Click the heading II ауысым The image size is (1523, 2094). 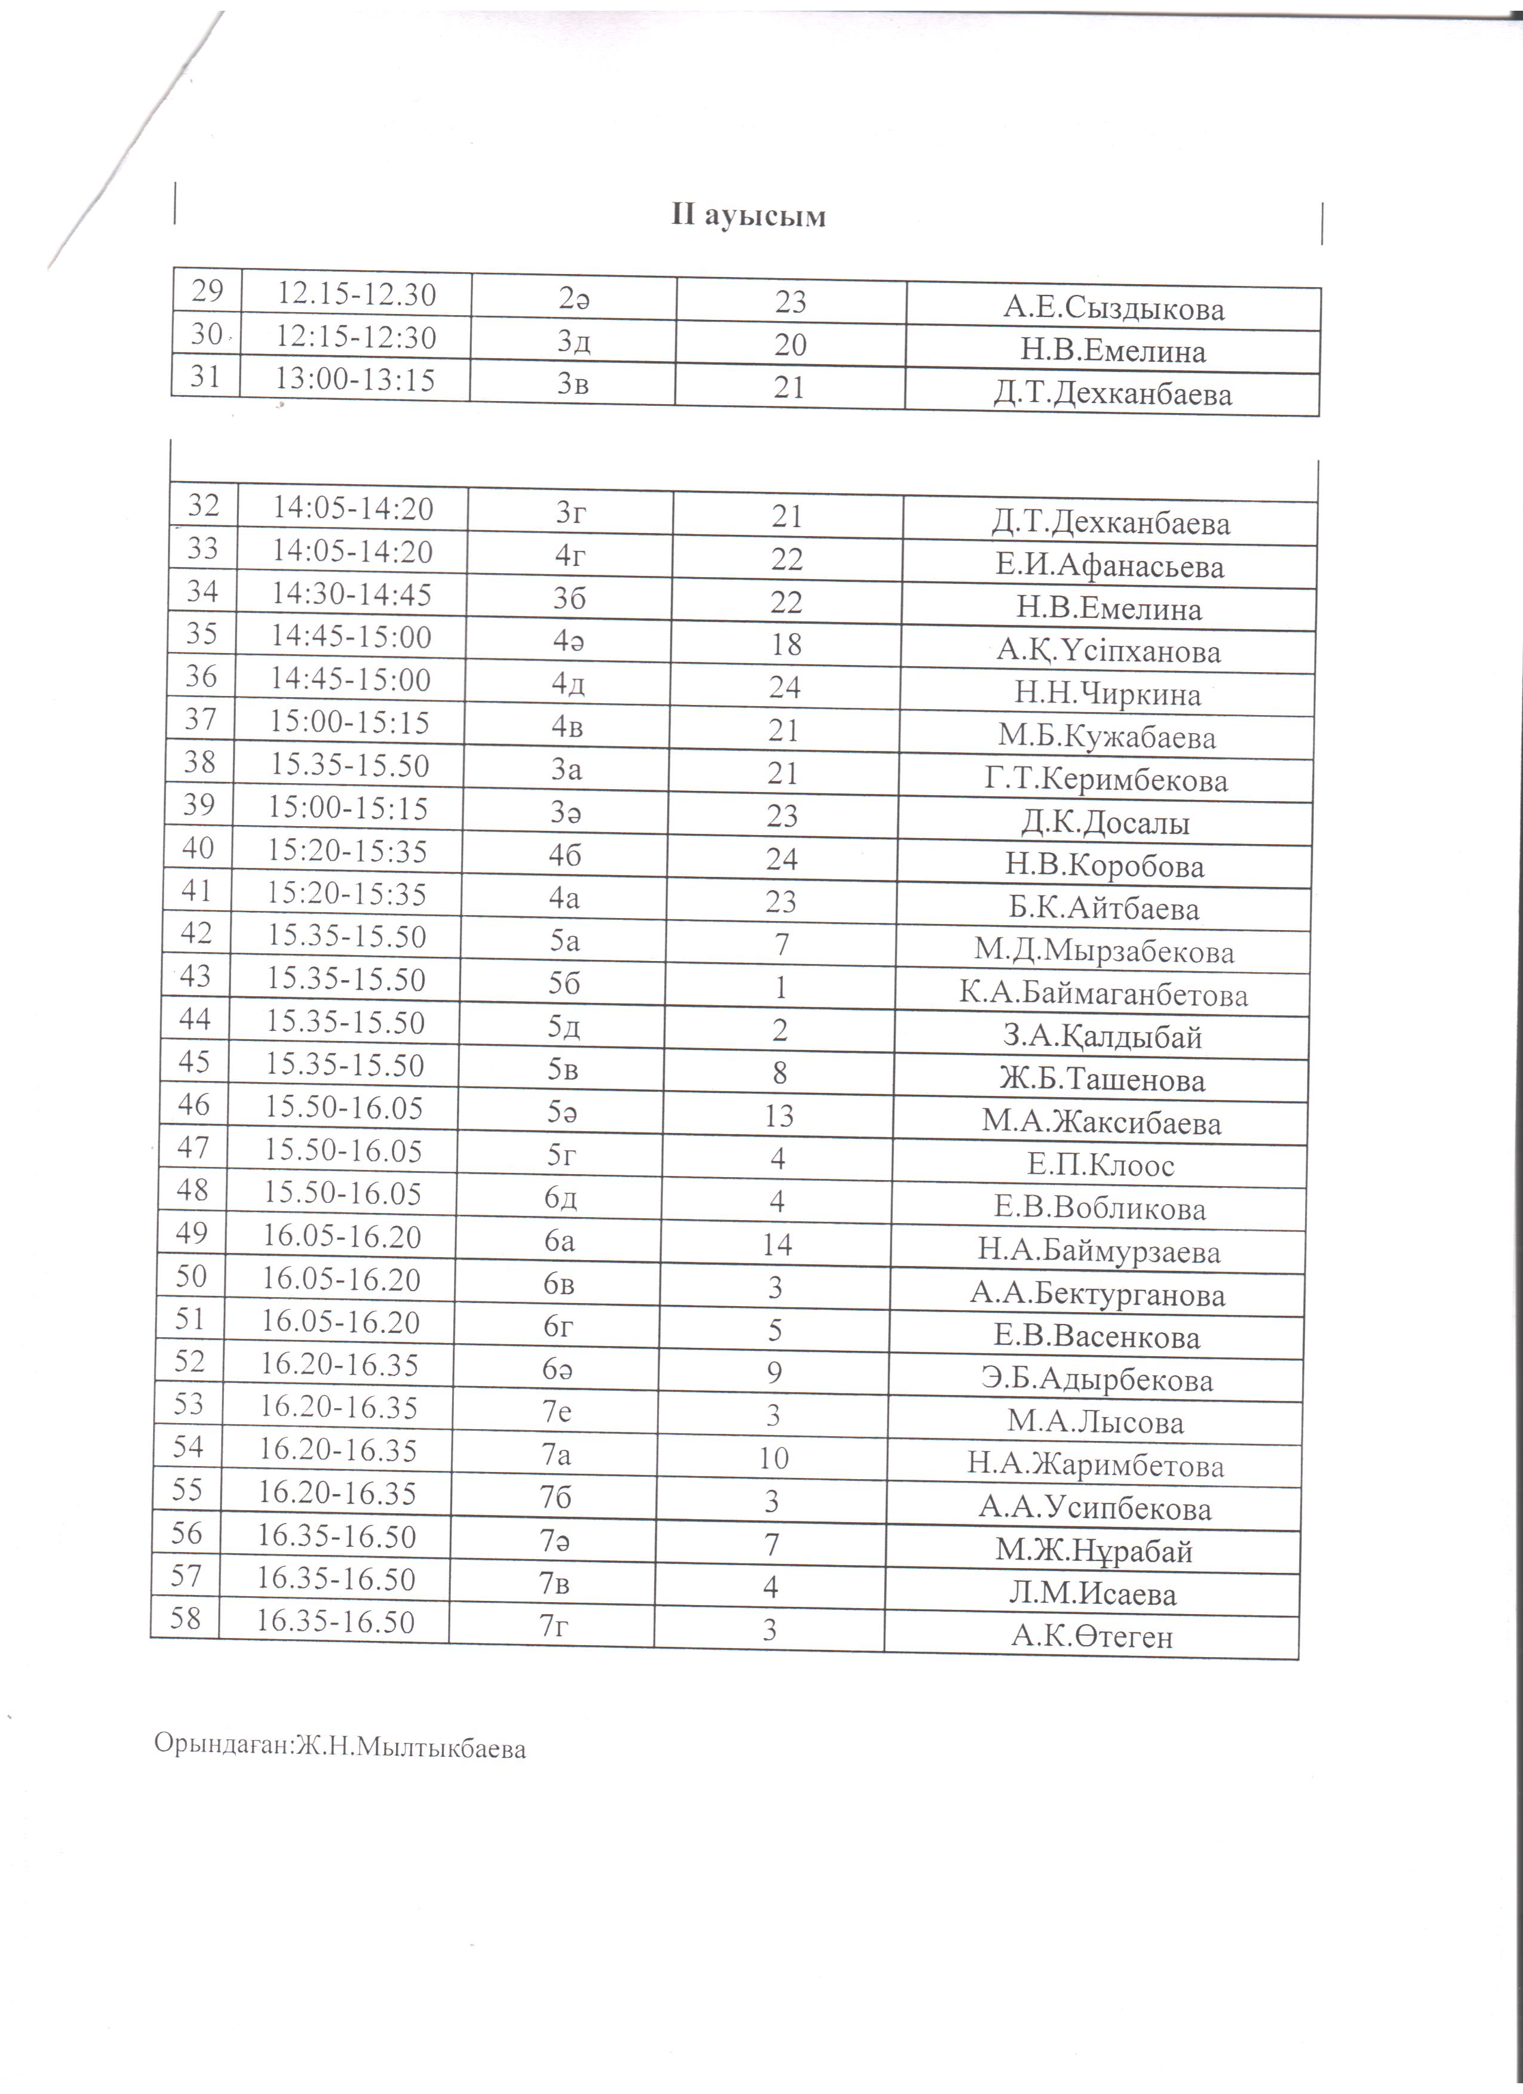(748, 216)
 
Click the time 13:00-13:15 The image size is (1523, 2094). (355, 380)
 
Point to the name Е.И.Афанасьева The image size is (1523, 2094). (1109, 566)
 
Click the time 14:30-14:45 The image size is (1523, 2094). (352, 594)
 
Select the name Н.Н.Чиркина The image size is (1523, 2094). (1107, 694)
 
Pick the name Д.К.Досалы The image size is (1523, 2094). (1104, 823)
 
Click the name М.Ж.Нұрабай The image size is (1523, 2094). (1094, 1551)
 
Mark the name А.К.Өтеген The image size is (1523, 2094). (1092, 1637)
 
